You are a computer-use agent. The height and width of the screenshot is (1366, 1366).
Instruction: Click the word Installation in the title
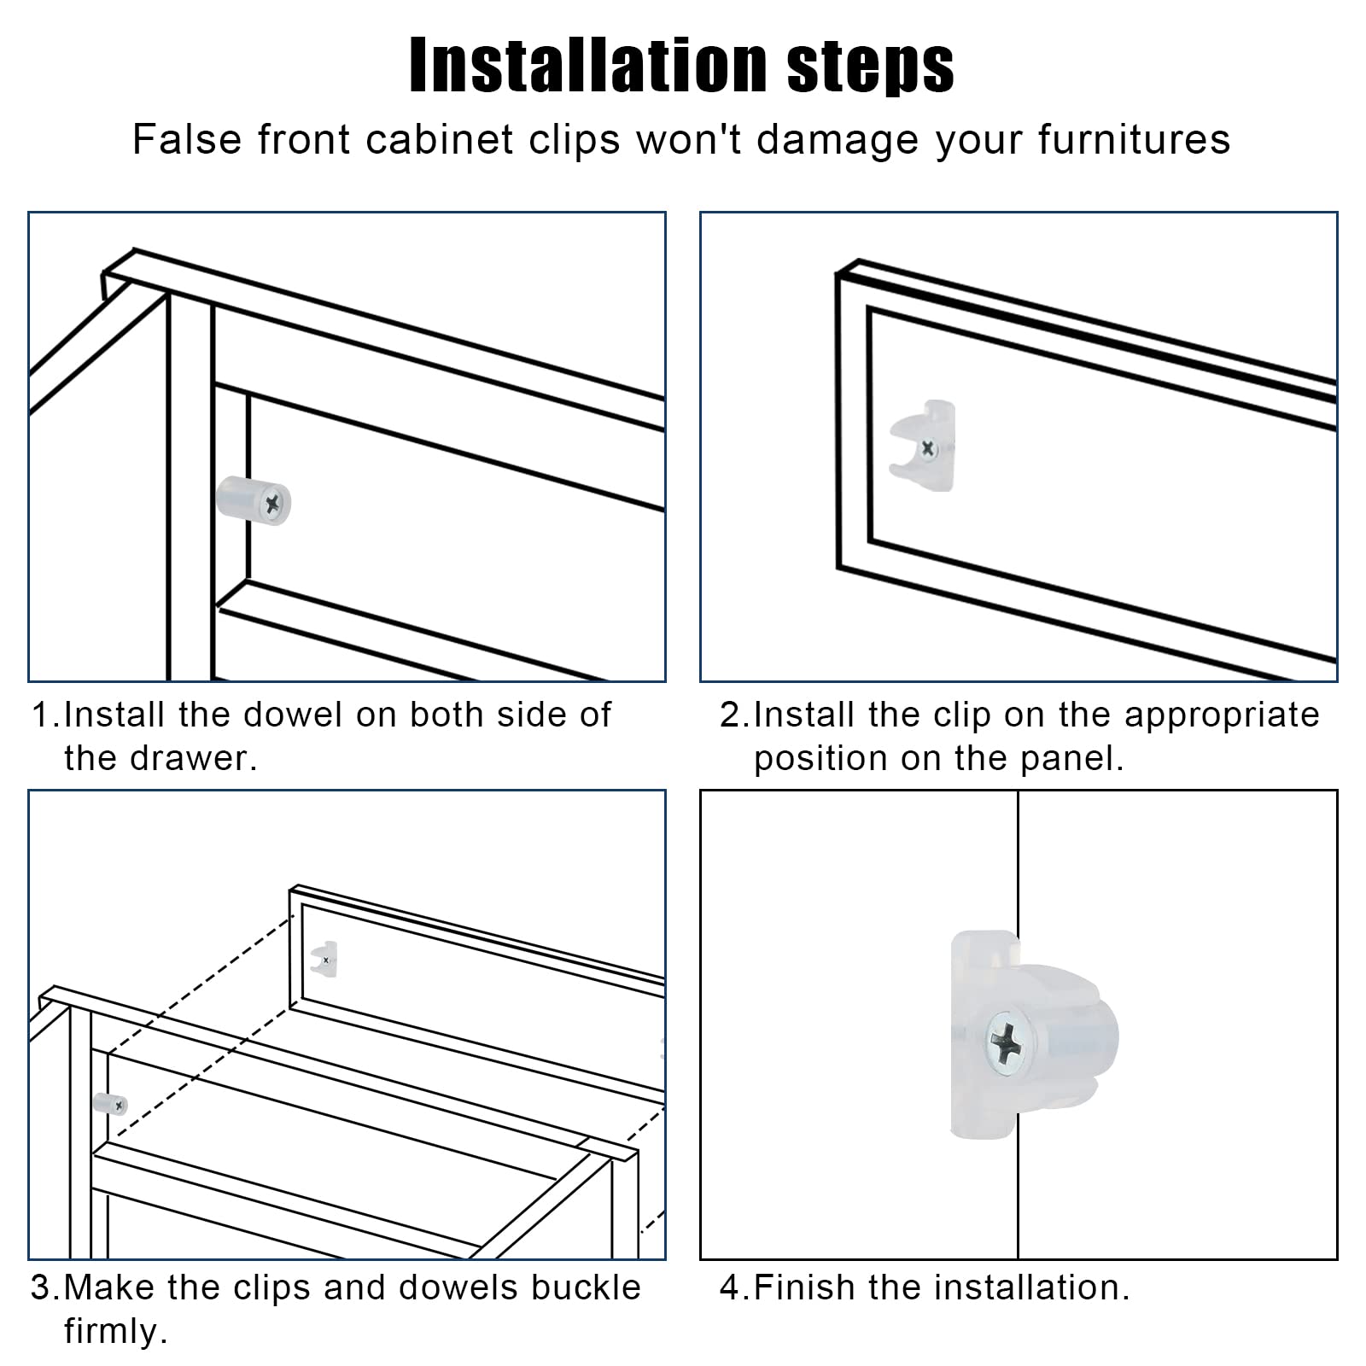(x=589, y=65)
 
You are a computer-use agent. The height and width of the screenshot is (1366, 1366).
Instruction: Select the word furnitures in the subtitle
(x=1134, y=139)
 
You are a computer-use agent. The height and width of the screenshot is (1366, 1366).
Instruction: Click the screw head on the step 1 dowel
(x=273, y=504)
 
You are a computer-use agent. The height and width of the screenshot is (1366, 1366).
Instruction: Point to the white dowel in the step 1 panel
(x=253, y=501)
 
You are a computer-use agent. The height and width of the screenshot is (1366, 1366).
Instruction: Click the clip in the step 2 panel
(x=923, y=445)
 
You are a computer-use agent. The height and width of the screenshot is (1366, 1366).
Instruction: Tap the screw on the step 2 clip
(x=929, y=448)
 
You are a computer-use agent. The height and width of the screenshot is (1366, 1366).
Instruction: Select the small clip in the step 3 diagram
(x=324, y=959)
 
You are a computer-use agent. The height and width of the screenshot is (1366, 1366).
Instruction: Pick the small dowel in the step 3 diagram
(x=109, y=1104)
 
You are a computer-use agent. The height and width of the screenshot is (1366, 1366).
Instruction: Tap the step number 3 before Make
(x=41, y=1288)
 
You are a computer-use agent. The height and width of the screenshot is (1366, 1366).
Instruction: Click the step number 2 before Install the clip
(x=730, y=715)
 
